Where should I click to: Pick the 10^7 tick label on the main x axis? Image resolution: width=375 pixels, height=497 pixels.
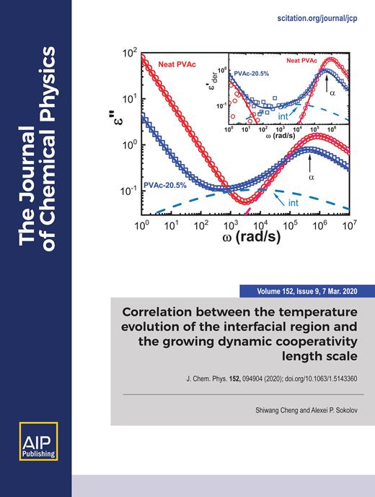click(x=351, y=226)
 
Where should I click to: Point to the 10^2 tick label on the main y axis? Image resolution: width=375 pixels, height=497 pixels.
click(x=130, y=53)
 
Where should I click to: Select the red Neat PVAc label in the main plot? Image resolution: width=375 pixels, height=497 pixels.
click(x=180, y=65)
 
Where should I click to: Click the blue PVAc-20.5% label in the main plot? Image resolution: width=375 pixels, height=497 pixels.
click(x=167, y=186)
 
